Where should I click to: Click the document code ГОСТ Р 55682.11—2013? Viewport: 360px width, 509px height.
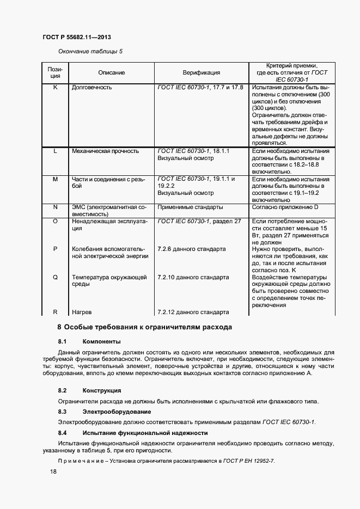point(77,38)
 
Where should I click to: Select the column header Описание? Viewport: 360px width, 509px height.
point(112,72)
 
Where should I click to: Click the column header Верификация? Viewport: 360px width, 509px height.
point(201,72)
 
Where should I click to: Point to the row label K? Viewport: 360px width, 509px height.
point(55,87)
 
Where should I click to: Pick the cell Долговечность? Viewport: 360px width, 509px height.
point(92,87)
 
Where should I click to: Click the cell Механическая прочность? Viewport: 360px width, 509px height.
point(105,151)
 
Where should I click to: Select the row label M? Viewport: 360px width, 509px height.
point(55,179)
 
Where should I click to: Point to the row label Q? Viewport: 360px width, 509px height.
point(55,277)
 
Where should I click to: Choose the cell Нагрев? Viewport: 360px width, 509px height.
point(82,312)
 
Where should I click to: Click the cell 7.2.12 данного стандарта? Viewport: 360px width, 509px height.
point(193,312)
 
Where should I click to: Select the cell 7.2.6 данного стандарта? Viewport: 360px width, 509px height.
point(191,249)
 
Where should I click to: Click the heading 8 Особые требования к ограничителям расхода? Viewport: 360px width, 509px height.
point(145,328)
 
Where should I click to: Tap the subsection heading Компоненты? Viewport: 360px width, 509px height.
point(101,342)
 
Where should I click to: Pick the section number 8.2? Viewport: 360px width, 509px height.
point(62,391)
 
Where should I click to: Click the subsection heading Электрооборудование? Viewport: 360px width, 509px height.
point(117,412)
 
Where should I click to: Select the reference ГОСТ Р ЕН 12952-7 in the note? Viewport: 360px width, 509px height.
point(249,461)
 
